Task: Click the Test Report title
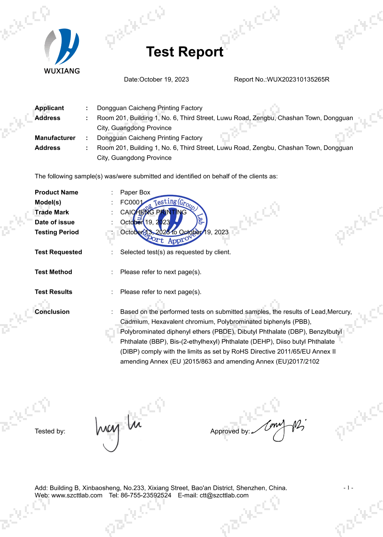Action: (x=185, y=52)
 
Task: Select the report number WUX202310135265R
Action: (x=298, y=79)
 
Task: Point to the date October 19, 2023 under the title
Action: (x=164, y=79)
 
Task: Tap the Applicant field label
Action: (x=49, y=108)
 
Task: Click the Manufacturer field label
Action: (x=55, y=138)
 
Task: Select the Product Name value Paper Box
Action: (x=135, y=193)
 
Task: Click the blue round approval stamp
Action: (x=170, y=220)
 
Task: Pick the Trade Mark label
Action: (x=52, y=212)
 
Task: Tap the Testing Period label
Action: (x=57, y=232)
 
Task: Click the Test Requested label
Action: (x=58, y=252)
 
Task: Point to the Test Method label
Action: (x=53, y=272)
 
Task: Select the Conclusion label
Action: (x=52, y=312)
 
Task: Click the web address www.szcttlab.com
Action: (x=77, y=496)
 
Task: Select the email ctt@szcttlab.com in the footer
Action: (x=224, y=496)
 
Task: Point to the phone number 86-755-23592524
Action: (x=146, y=496)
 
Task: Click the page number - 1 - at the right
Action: (x=348, y=488)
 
